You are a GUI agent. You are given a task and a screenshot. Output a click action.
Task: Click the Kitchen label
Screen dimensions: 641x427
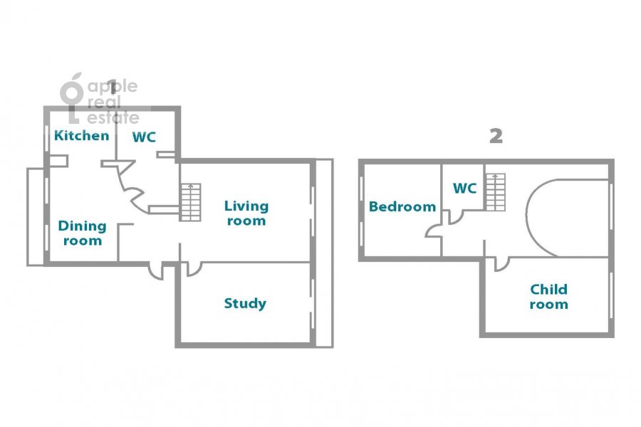click(x=82, y=135)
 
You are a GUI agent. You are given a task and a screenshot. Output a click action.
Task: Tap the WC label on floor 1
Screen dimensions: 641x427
click(x=145, y=137)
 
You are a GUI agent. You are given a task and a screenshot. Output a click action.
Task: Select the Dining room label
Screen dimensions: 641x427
click(x=82, y=233)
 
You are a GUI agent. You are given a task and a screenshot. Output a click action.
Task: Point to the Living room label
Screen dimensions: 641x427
click(x=246, y=213)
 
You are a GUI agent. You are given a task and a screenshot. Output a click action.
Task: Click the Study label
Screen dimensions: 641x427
click(x=245, y=303)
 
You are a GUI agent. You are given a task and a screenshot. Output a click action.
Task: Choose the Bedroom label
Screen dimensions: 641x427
click(x=402, y=206)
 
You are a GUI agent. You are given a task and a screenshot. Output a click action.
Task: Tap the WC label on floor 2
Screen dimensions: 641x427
click(x=465, y=189)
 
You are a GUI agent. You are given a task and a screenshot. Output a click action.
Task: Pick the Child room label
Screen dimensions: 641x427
click(x=548, y=297)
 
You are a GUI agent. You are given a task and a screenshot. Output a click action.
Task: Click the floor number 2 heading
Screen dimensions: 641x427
click(x=496, y=136)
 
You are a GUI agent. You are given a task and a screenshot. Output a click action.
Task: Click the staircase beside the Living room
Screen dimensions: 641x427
click(x=190, y=202)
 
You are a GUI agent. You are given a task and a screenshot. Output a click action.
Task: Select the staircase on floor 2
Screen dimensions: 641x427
click(x=496, y=192)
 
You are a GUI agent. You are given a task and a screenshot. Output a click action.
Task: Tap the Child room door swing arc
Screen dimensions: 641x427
click(x=503, y=266)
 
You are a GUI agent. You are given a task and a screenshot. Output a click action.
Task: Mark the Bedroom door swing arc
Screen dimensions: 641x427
click(x=432, y=232)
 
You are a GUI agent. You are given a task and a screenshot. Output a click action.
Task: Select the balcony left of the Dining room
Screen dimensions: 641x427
click(x=36, y=216)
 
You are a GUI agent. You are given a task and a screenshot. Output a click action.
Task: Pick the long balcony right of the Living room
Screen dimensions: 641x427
click(x=325, y=253)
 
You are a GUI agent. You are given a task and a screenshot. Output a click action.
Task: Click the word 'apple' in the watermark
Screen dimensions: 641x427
click(x=113, y=87)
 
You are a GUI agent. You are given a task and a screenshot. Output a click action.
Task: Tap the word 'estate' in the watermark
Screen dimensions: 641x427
click(x=113, y=117)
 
